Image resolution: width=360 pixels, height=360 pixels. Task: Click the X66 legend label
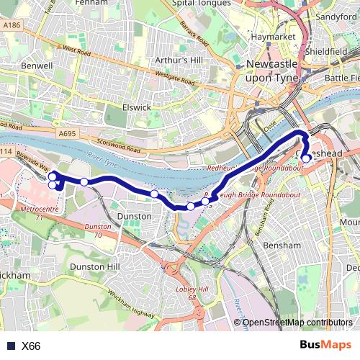31,346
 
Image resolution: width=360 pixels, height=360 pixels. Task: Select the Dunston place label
134,216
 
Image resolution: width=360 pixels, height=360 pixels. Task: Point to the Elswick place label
135,107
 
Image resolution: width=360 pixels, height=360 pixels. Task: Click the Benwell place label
37,66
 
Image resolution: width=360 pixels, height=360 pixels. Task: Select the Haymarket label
267,36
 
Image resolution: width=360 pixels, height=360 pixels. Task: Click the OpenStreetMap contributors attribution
298,322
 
